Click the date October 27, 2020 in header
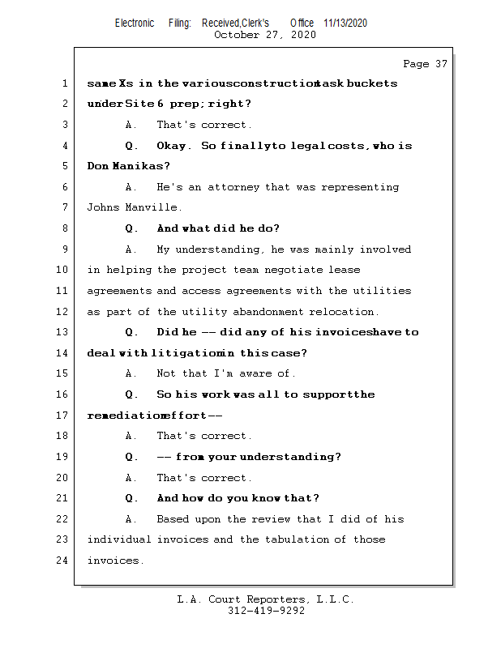(264, 35)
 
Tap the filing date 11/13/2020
(345, 23)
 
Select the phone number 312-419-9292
(266, 612)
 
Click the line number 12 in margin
(63, 312)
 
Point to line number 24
(63, 561)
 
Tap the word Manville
(153, 208)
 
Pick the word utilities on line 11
(383, 291)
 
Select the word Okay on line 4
(173, 146)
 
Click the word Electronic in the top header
(134, 23)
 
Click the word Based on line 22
(173, 519)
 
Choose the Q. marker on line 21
(131, 498)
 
